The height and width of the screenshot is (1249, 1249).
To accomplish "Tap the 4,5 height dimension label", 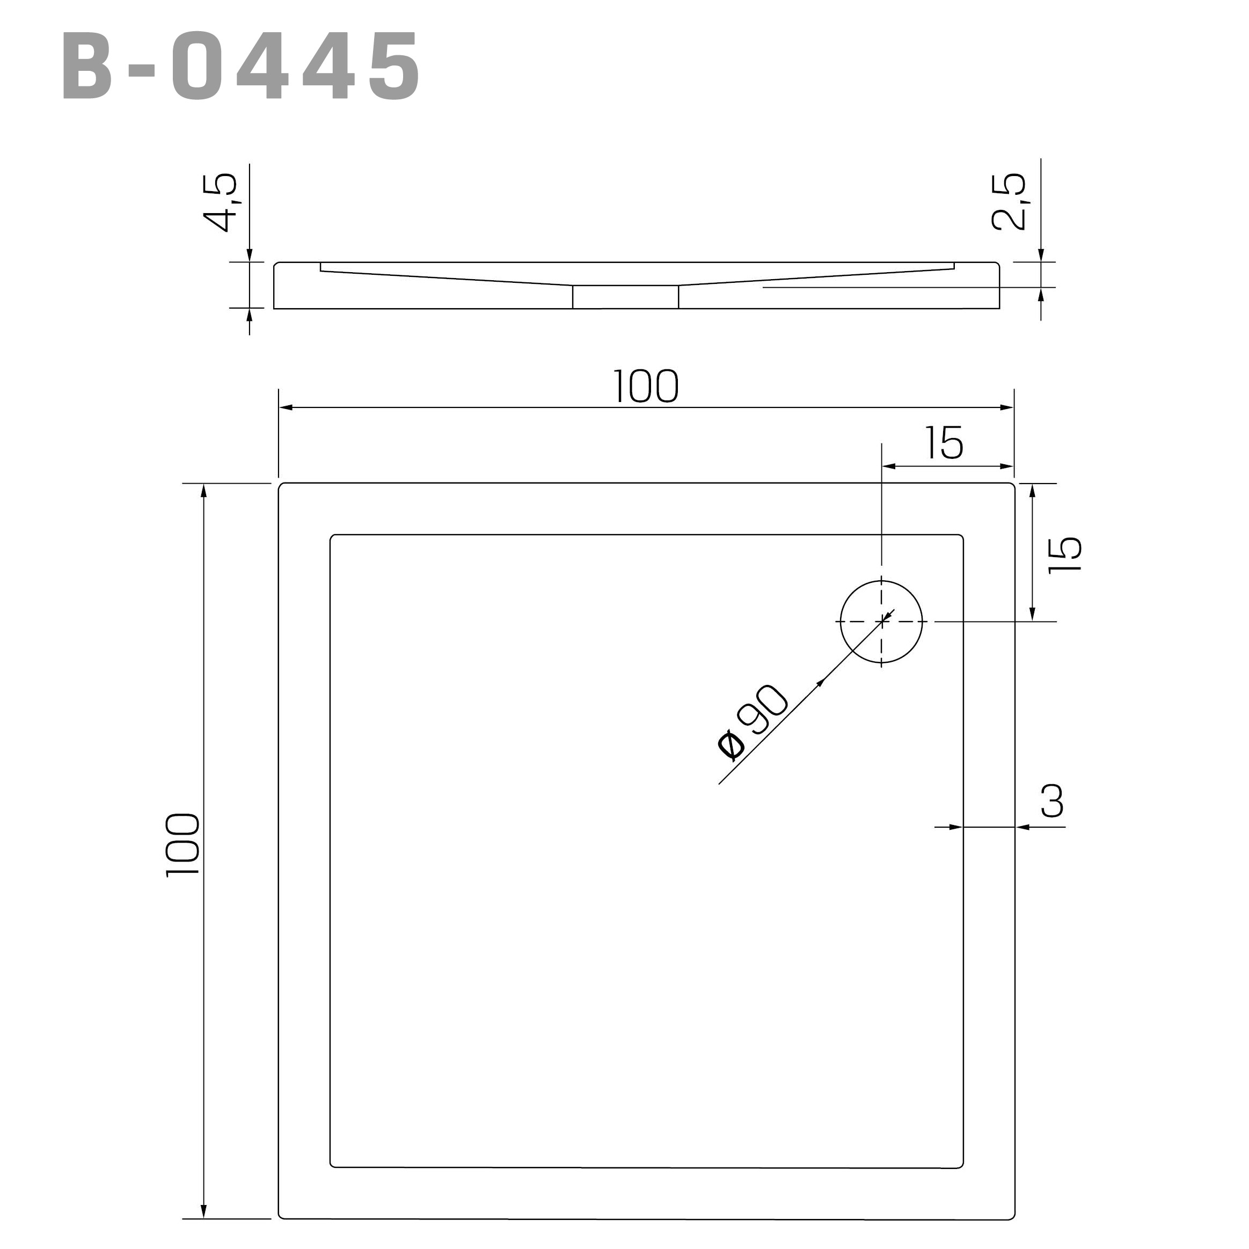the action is point(221,202).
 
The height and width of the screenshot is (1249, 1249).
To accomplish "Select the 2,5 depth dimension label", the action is point(1009,201).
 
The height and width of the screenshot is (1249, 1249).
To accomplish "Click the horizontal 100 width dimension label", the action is point(645,386).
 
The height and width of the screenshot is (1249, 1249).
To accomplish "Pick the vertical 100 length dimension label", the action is point(183,845).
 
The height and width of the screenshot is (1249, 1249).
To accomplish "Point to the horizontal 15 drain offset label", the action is point(944,443).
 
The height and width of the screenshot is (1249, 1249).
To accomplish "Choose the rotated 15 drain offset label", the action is point(1065,554).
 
